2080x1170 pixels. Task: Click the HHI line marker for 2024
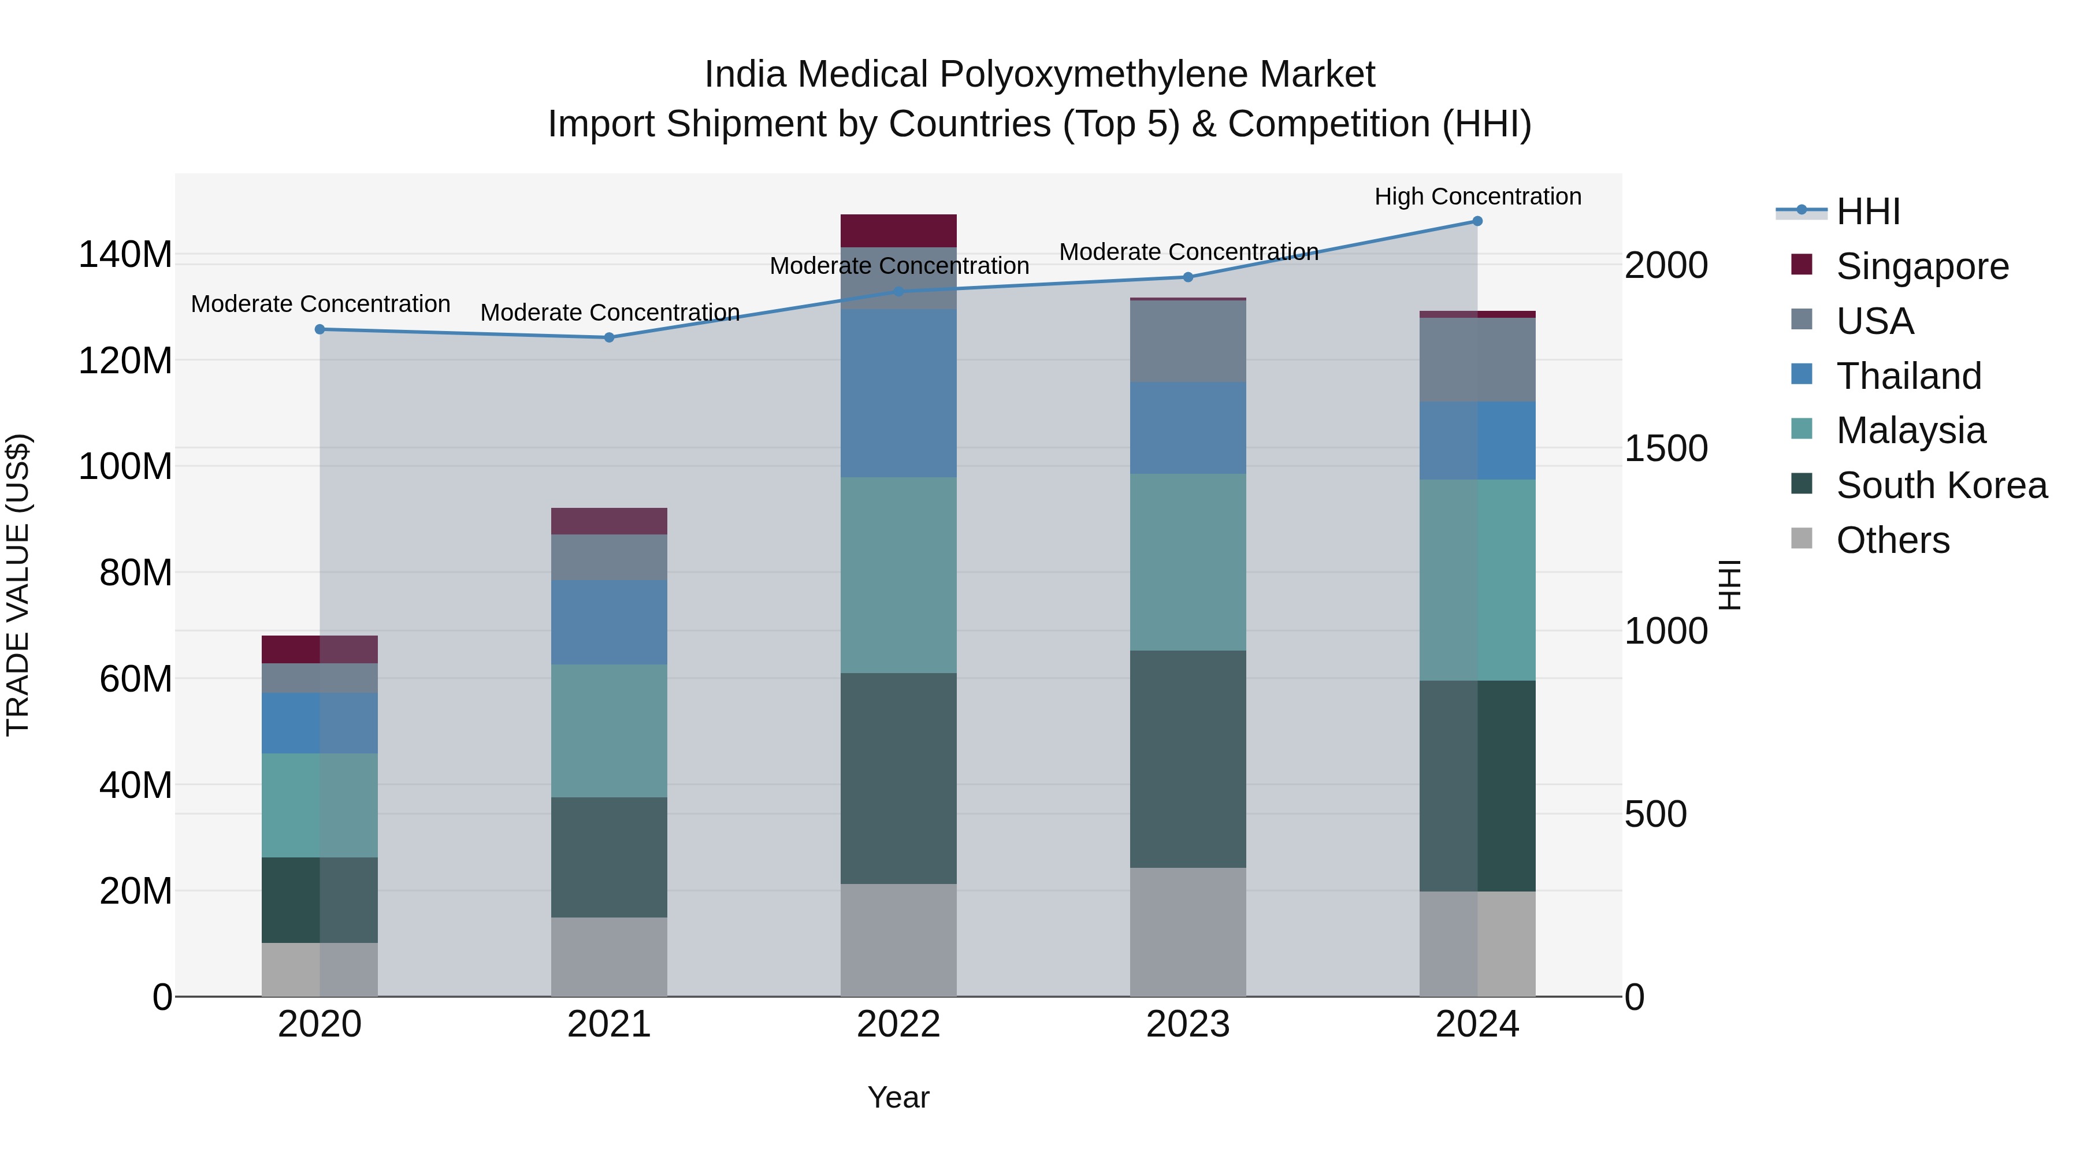[x=1477, y=221]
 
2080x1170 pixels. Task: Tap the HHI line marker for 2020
[x=320, y=329]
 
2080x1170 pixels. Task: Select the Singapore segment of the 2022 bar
[x=898, y=231]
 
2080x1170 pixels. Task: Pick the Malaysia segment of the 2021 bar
[x=609, y=731]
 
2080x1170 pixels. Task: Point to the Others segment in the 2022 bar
[x=898, y=940]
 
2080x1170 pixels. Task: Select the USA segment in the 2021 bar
[x=609, y=557]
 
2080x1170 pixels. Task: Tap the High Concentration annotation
[x=1477, y=197]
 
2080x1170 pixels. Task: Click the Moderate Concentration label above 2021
[x=610, y=313]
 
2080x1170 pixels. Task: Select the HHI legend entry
[x=1867, y=211]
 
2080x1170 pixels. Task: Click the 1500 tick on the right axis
[x=1666, y=449]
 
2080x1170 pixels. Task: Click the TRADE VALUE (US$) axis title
[x=18, y=585]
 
